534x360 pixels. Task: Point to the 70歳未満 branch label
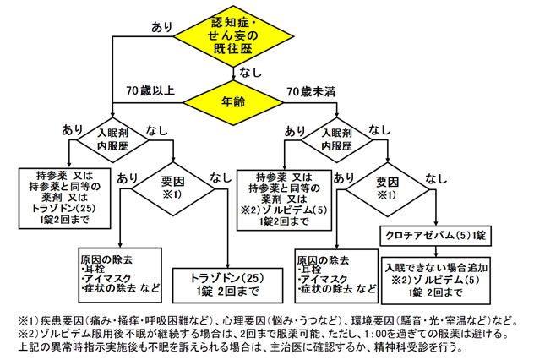311,90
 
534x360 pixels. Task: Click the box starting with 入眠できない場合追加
435,278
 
